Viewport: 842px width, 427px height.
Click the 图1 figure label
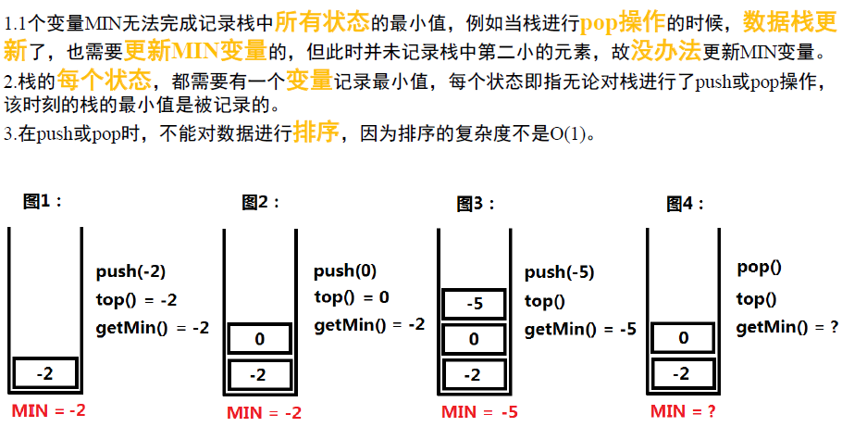[43, 200]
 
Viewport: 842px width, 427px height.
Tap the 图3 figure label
[477, 204]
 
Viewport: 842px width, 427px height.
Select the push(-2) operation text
[130, 271]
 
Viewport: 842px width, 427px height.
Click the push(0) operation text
[345, 271]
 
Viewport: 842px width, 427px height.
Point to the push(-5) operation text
[559, 272]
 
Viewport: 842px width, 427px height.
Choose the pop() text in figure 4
[759, 268]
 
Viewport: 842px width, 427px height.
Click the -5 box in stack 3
[474, 304]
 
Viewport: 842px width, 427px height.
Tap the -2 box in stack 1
[44, 373]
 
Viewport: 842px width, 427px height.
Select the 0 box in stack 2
[259, 339]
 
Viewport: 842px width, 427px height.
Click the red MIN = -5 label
[479, 412]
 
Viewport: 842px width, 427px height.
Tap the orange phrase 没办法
[663, 49]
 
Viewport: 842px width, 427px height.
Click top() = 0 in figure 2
[352, 297]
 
